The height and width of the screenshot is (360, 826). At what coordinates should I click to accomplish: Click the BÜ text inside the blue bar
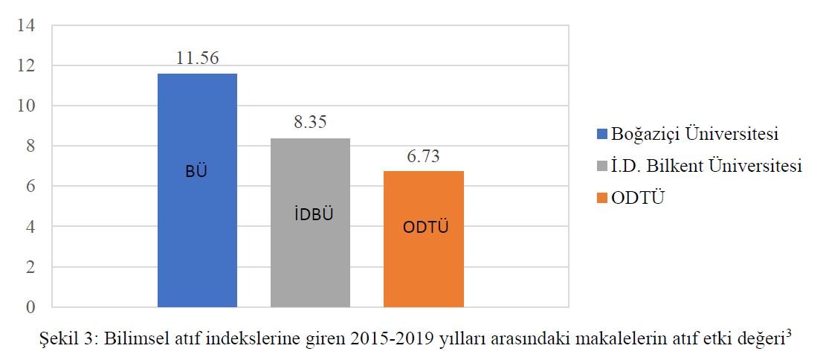pos(196,172)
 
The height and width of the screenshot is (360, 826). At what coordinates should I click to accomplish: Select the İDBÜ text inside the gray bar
pos(310,215)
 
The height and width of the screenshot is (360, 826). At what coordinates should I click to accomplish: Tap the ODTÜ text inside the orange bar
pos(425,228)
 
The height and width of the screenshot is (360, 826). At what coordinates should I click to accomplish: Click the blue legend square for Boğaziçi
pos(602,135)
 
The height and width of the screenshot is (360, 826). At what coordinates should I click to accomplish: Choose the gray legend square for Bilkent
pos(602,167)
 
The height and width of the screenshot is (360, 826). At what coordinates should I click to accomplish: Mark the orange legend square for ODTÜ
pos(602,199)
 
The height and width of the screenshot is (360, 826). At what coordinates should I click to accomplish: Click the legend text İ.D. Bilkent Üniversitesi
pos(706,167)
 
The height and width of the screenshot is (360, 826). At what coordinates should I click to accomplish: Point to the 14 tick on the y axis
pos(27,26)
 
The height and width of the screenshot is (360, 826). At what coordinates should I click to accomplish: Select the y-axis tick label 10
pos(27,106)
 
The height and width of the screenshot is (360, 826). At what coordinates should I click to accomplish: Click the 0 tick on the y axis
pos(30,306)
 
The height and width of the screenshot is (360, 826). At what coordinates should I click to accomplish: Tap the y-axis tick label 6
pos(30,187)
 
